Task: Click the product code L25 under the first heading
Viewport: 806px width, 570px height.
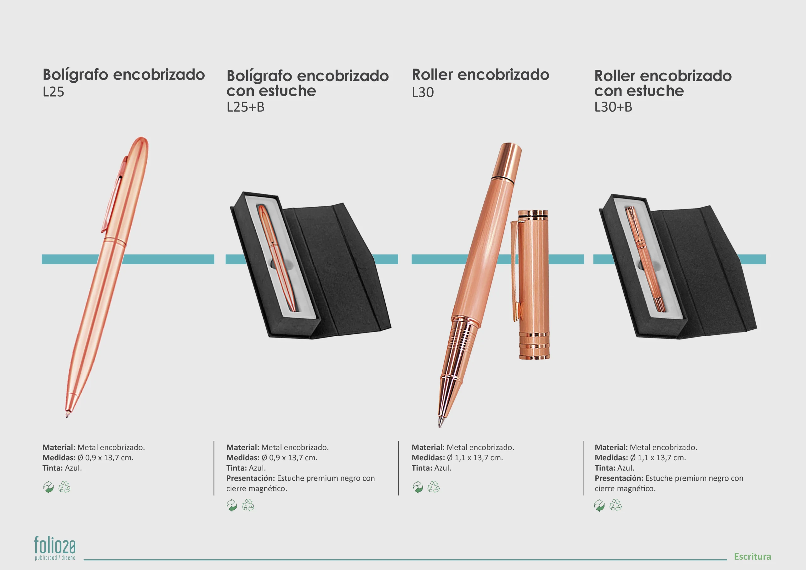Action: click(x=54, y=92)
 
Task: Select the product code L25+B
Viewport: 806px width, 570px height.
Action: click(x=246, y=107)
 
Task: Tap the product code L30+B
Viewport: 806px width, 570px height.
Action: click(x=613, y=107)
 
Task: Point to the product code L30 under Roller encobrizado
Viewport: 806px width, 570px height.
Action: click(x=423, y=93)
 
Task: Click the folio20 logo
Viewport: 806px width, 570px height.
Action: click(x=55, y=548)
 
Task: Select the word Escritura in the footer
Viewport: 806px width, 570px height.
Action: click(x=752, y=556)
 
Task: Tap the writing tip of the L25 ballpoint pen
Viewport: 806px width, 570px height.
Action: click(x=67, y=416)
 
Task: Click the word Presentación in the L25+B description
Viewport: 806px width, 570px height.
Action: click(x=250, y=478)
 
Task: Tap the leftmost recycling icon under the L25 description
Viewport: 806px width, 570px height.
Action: click(x=48, y=487)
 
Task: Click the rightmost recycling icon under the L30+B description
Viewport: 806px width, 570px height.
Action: click(x=615, y=505)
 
